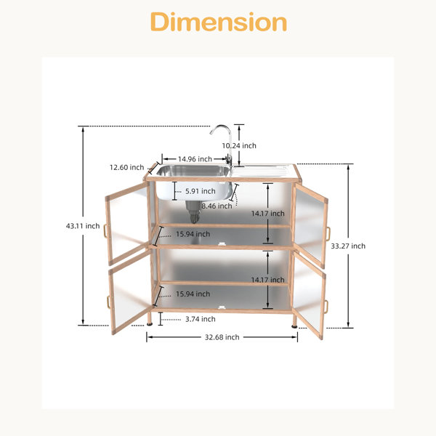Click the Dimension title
[x=219, y=22]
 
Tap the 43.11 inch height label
[x=83, y=226]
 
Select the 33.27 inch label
[x=348, y=246]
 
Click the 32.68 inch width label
[x=222, y=337]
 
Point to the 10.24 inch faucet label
[x=239, y=145]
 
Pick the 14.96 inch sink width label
[x=195, y=159]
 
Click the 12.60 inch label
[x=126, y=167]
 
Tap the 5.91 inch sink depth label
[x=201, y=191]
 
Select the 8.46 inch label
[x=217, y=206]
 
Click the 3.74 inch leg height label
[x=201, y=319]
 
